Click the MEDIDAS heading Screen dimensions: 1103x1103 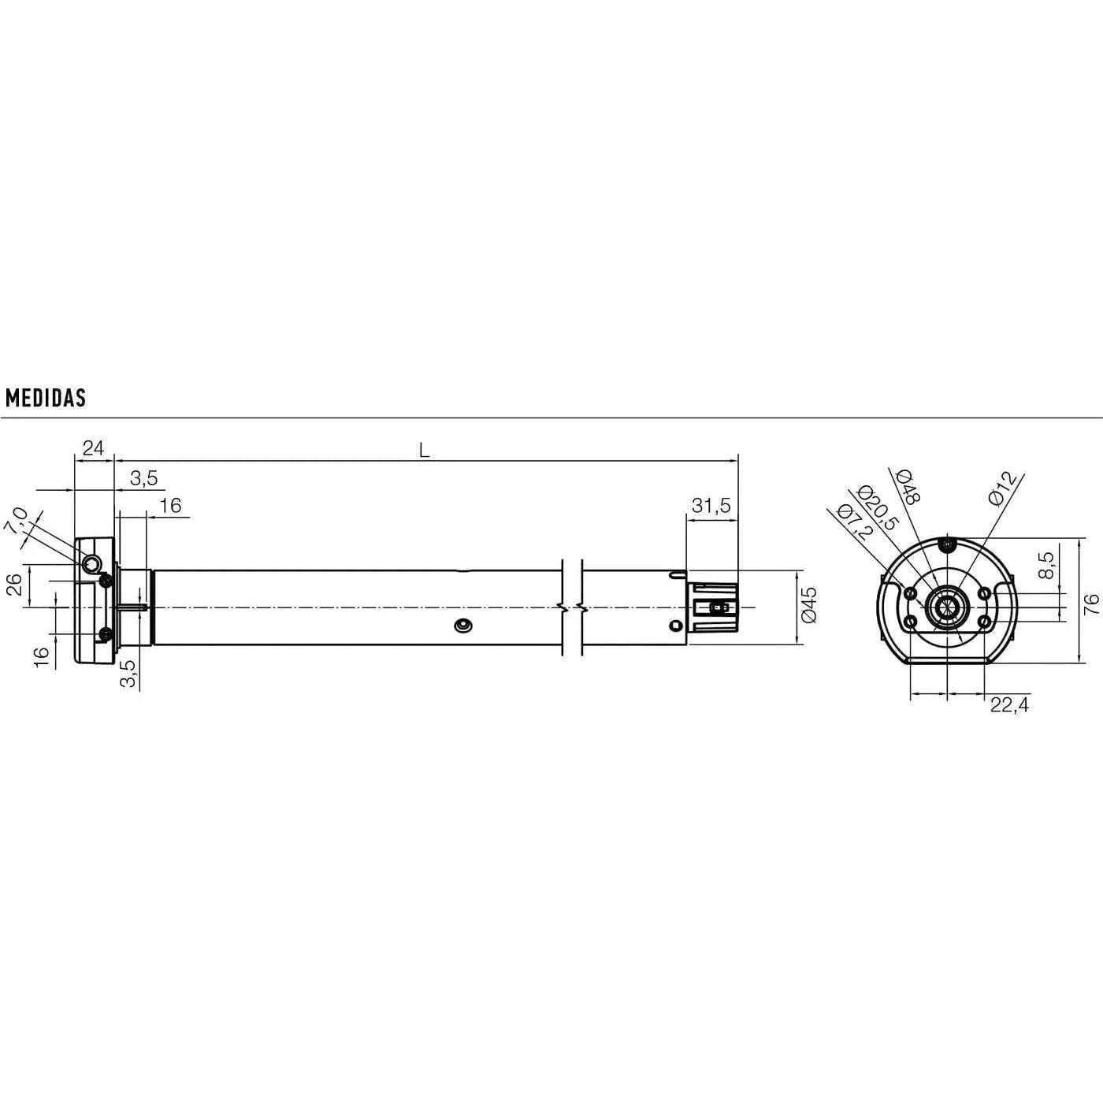(45, 398)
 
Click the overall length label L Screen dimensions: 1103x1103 (424, 451)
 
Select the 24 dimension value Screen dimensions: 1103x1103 (93, 448)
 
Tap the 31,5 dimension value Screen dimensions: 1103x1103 (711, 506)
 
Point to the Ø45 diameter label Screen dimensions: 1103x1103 (809, 605)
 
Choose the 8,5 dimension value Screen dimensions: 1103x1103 (1045, 566)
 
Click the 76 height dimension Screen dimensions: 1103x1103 (1091, 603)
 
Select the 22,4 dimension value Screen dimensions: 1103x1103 (1009, 704)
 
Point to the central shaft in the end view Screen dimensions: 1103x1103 (946, 607)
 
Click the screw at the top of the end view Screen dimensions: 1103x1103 (946, 544)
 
